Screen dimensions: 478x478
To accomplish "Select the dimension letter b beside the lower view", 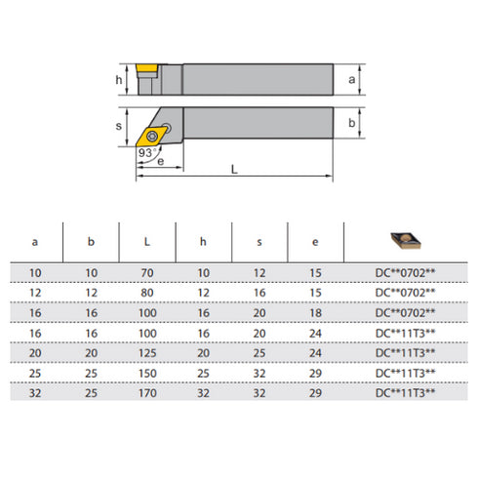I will [x=350, y=123].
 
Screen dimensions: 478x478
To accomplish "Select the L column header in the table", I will [x=147, y=240].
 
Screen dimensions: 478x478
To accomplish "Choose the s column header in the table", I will [x=260, y=240].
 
